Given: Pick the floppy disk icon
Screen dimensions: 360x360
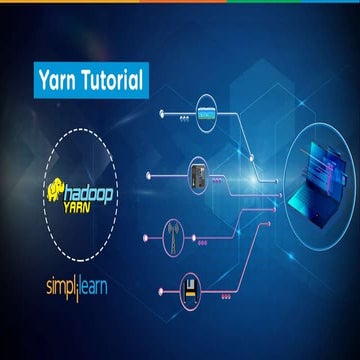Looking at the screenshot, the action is pyautogui.click(x=193, y=293).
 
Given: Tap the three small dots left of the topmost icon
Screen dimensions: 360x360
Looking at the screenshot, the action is pyautogui.click(x=183, y=116).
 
